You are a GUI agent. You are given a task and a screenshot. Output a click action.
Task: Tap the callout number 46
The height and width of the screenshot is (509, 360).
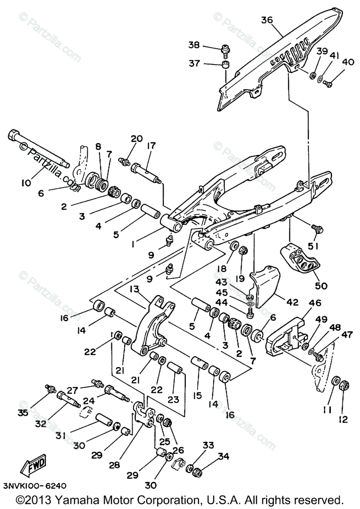tap(315, 303)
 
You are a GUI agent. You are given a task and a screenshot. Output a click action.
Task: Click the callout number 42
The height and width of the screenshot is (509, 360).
tap(293, 302)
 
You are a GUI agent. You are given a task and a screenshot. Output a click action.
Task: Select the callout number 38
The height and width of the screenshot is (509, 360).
tap(194, 45)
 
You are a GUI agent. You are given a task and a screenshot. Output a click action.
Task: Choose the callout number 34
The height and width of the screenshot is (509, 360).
tap(223, 456)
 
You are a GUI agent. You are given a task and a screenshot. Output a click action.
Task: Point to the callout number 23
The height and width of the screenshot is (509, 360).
tap(173, 399)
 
